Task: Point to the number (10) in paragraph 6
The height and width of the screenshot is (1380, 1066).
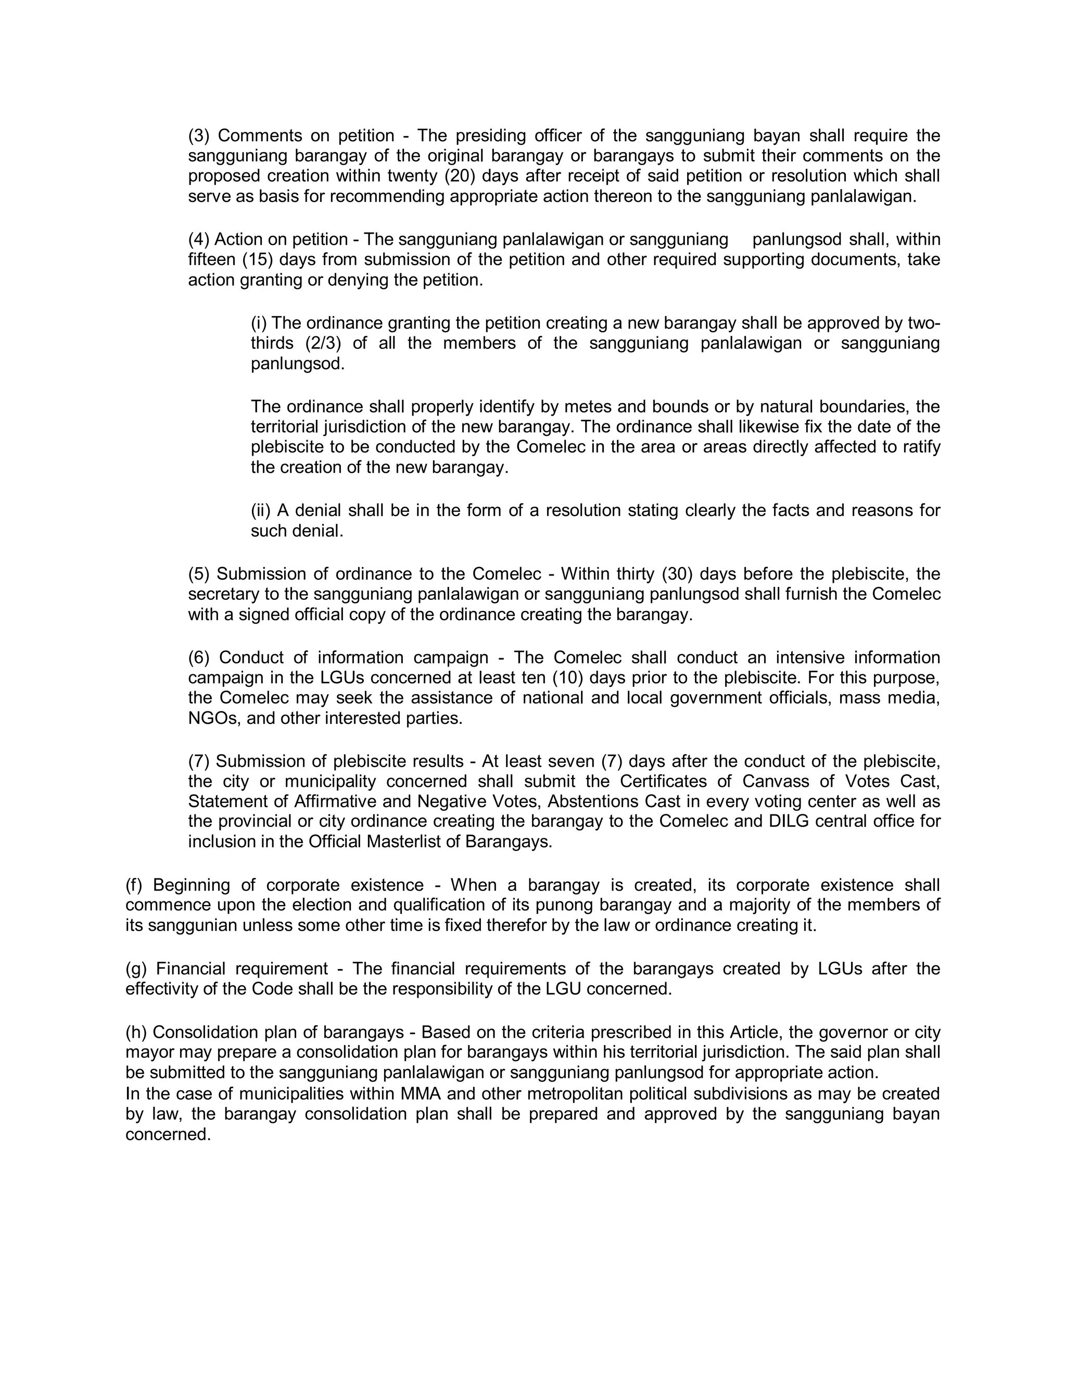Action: pyautogui.click(x=569, y=678)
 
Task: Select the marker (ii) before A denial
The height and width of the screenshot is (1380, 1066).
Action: pyautogui.click(x=261, y=510)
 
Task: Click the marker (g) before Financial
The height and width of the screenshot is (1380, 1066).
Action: pyautogui.click(x=135, y=969)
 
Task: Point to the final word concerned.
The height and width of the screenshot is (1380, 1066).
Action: pyautogui.click(x=168, y=1134)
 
